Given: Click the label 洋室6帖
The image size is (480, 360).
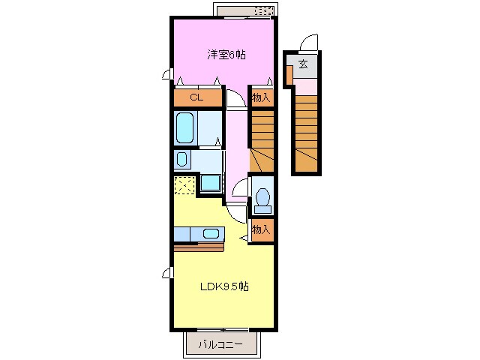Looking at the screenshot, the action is click(226, 55).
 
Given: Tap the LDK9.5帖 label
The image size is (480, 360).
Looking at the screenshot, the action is click(224, 286).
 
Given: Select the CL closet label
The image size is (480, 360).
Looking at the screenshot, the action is click(196, 97).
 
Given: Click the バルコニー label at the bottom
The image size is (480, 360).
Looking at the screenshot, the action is click(220, 345).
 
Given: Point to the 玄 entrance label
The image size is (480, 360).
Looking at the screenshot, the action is click(303, 64).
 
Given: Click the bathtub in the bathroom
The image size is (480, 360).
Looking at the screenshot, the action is click(185, 127).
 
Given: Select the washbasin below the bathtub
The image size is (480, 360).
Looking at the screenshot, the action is click(181, 159).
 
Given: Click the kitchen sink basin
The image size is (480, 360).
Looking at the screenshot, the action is click(211, 234).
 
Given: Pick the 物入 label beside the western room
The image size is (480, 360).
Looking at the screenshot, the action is click(261, 98).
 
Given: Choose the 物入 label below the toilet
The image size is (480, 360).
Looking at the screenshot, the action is click(261, 229).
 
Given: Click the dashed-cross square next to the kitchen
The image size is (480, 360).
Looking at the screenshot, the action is click(184, 185).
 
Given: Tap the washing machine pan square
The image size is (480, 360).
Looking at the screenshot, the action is click(211, 183).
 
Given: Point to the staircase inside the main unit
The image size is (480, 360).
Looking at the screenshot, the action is click(262, 141).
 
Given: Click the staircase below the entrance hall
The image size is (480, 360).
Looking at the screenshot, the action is click(307, 133).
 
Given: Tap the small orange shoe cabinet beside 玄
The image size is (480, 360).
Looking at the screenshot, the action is click(289, 75).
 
